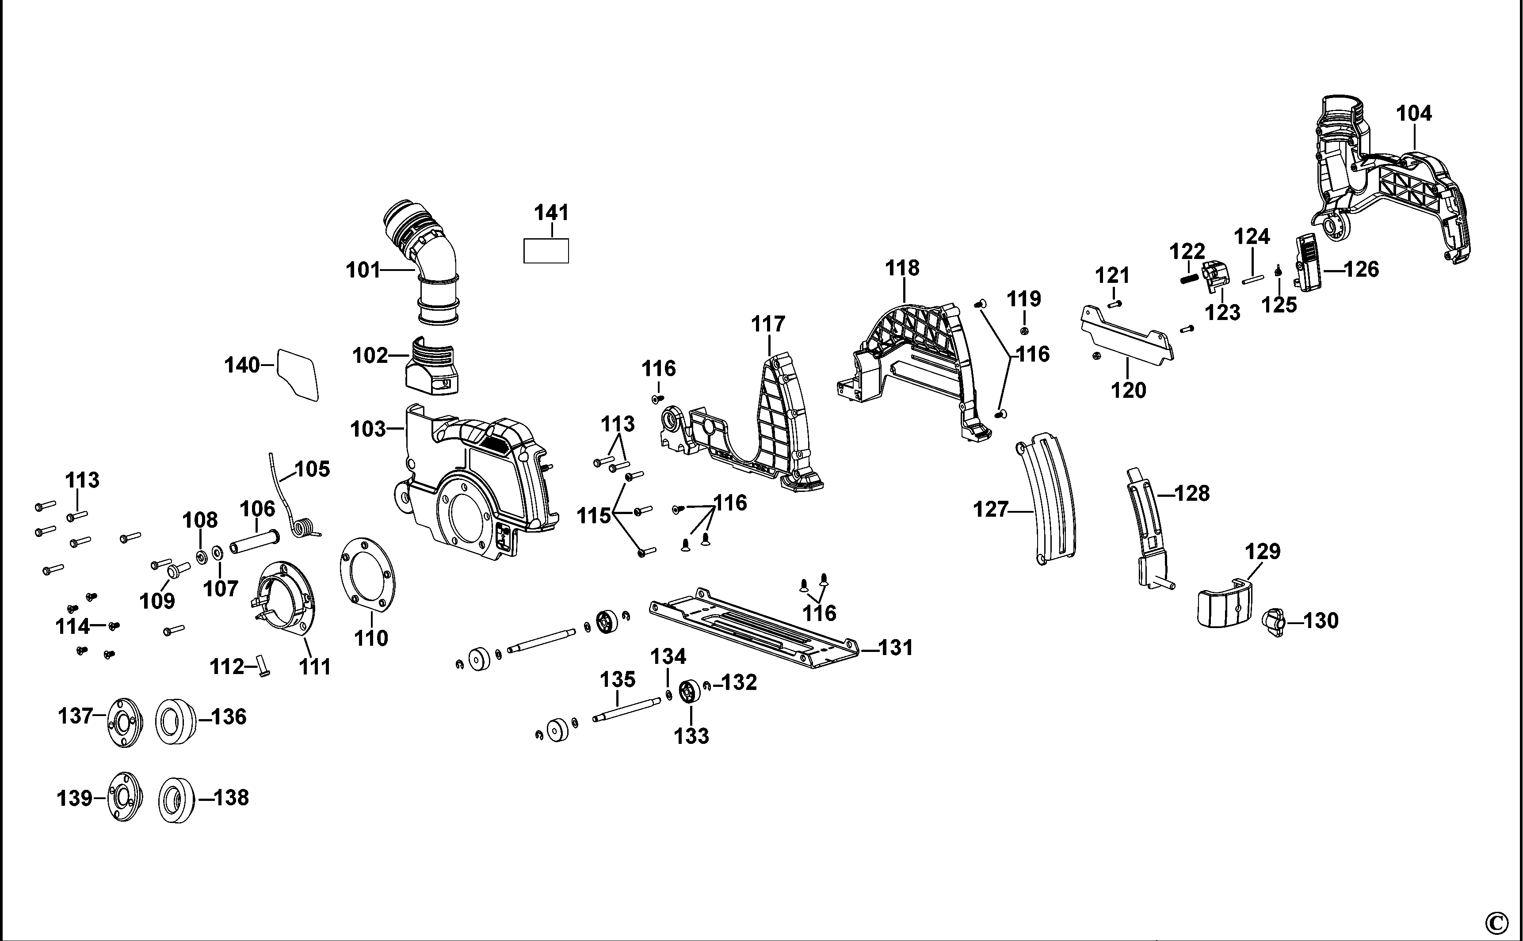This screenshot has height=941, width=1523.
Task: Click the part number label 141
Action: tap(551, 213)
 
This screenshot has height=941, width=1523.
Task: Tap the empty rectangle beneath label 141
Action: tap(546, 251)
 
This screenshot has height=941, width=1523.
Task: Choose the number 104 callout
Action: tap(1413, 114)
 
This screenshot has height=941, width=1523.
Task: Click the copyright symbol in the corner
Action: tap(1496, 922)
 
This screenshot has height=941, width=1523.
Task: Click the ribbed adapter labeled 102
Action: tap(434, 369)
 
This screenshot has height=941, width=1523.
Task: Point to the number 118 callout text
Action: tap(902, 268)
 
